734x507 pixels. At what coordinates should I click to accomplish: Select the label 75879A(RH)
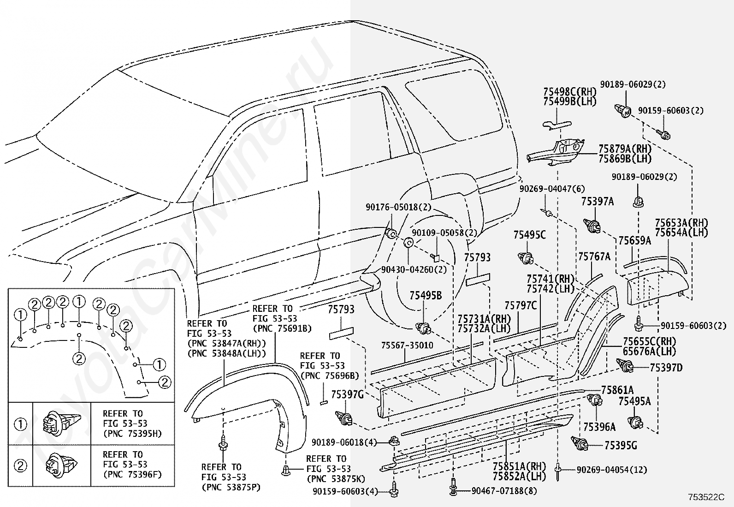[x=625, y=149]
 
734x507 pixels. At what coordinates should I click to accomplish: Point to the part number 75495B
[x=426, y=295]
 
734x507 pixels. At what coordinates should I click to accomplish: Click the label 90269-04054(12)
[x=612, y=470]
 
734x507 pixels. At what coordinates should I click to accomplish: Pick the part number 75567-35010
[x=407, y=346]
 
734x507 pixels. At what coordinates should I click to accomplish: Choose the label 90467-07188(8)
[x=504, y=491]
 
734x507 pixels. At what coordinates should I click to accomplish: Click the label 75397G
[x=347, y=394]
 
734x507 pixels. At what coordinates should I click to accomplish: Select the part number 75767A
[x=594, y=256]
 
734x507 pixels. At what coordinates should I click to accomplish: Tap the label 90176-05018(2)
[x=398, y=207]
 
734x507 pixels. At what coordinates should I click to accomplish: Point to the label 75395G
[x=621, y=445]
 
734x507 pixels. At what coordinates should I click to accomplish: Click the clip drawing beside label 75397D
[x=625, y=366]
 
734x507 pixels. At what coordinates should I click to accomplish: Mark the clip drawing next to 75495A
[x=635, y=423]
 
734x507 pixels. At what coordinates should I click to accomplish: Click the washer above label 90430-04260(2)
[x=408, y=242]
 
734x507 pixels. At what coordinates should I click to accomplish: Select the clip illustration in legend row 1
[x=61, y=423]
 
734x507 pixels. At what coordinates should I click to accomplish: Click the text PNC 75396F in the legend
[x=133, y=475]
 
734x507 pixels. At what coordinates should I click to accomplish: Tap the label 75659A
[x=635, y=241]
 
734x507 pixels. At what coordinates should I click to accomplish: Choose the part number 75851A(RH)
[x=519, y=466]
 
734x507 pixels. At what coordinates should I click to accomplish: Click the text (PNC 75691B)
[x=282, y=328]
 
